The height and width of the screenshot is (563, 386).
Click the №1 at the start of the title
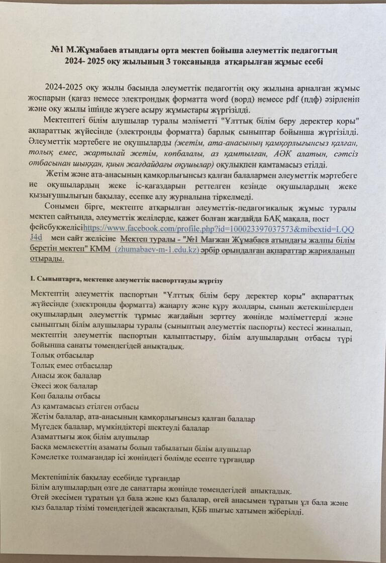(59, 50)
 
